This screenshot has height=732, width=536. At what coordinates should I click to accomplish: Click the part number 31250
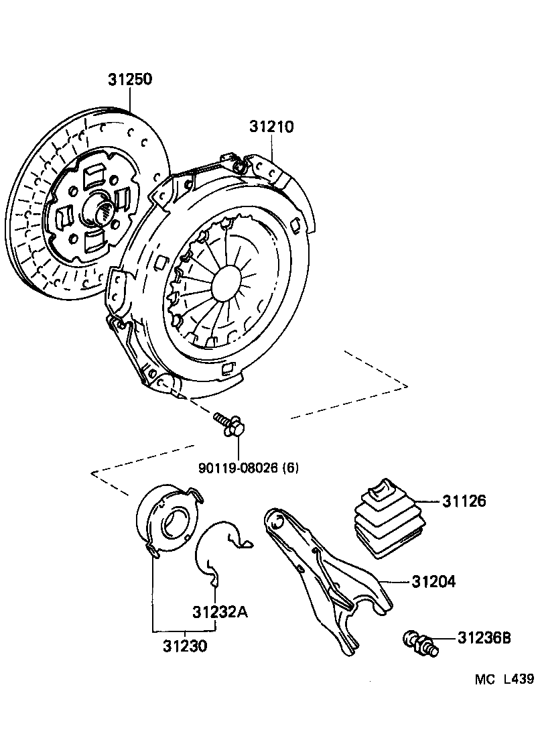click(130, 80)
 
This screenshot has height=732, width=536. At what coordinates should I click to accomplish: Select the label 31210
click(272, 127)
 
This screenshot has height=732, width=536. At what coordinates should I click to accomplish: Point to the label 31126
click(464, 501)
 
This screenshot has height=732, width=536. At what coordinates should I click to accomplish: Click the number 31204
click(433, 582)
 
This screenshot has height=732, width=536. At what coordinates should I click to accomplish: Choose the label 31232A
click(220, 612)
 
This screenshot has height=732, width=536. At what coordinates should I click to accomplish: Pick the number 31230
click(184, 647)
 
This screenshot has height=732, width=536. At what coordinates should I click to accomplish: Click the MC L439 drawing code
click(504, 679)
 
